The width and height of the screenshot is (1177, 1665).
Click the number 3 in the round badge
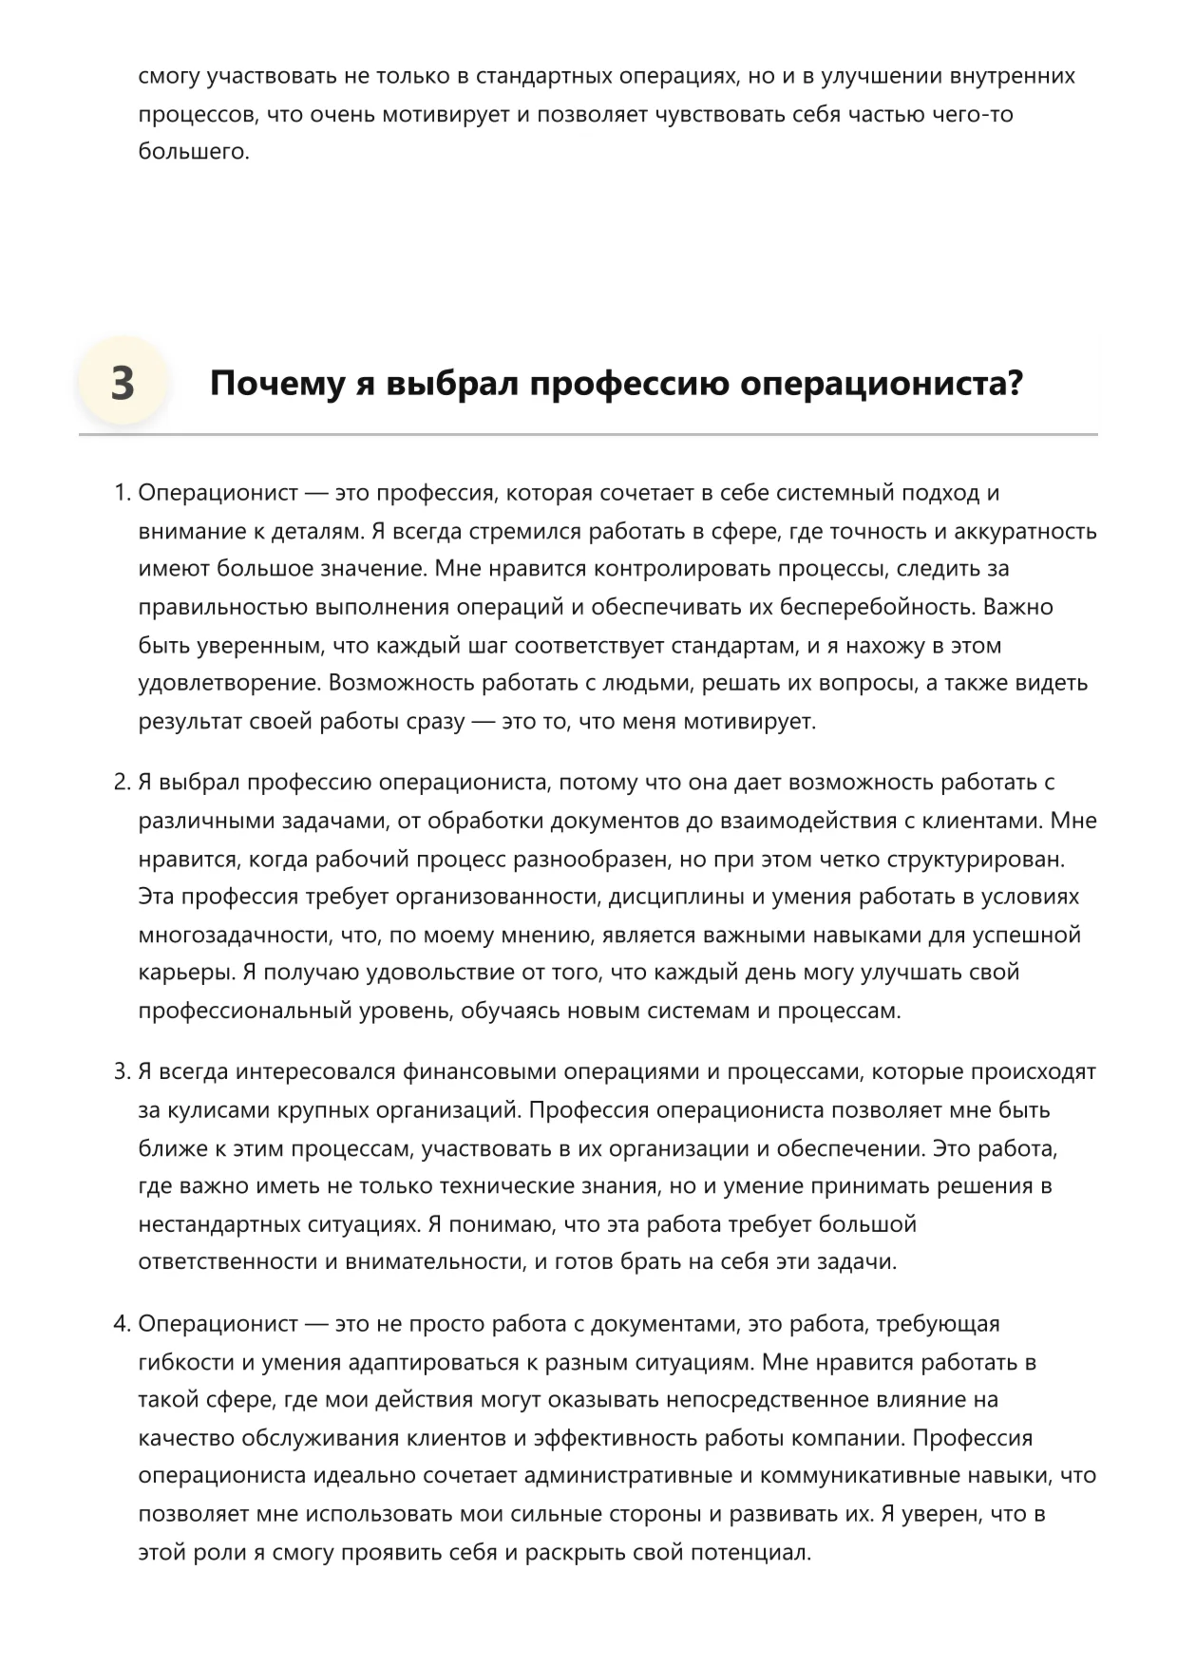[x=123, y=384]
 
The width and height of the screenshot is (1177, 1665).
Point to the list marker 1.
[x=121, y=493]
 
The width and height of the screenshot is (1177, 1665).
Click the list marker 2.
[x=121, y=783]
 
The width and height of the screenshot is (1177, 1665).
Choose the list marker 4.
[x=121, y=1324]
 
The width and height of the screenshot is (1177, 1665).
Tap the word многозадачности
[x=236, y=935]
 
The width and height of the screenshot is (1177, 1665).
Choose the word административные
[x=636, y=1476]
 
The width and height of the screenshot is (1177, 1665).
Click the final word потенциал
[x=750, y=1553]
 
